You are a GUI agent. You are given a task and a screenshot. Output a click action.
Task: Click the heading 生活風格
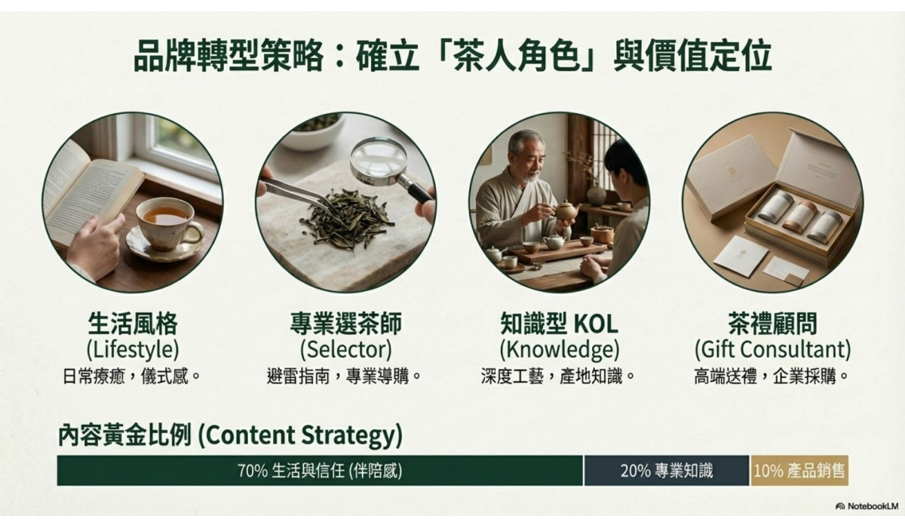point(132,325)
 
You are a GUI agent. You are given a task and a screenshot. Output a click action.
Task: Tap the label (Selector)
point(345,350)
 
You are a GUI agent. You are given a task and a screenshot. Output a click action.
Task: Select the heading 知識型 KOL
point(559,325)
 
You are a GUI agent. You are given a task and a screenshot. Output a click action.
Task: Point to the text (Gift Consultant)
point(772,350)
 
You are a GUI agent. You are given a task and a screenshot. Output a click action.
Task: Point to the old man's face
point(525,155)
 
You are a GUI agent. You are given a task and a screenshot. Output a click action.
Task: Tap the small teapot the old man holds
point(566,211)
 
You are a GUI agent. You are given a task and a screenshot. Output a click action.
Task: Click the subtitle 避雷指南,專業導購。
point(345,376)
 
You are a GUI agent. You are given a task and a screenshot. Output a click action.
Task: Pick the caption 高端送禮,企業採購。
point(772,376)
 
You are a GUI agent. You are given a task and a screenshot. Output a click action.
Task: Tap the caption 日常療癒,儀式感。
point(132,376)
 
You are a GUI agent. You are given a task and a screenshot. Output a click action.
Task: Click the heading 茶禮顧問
point(772,325)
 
